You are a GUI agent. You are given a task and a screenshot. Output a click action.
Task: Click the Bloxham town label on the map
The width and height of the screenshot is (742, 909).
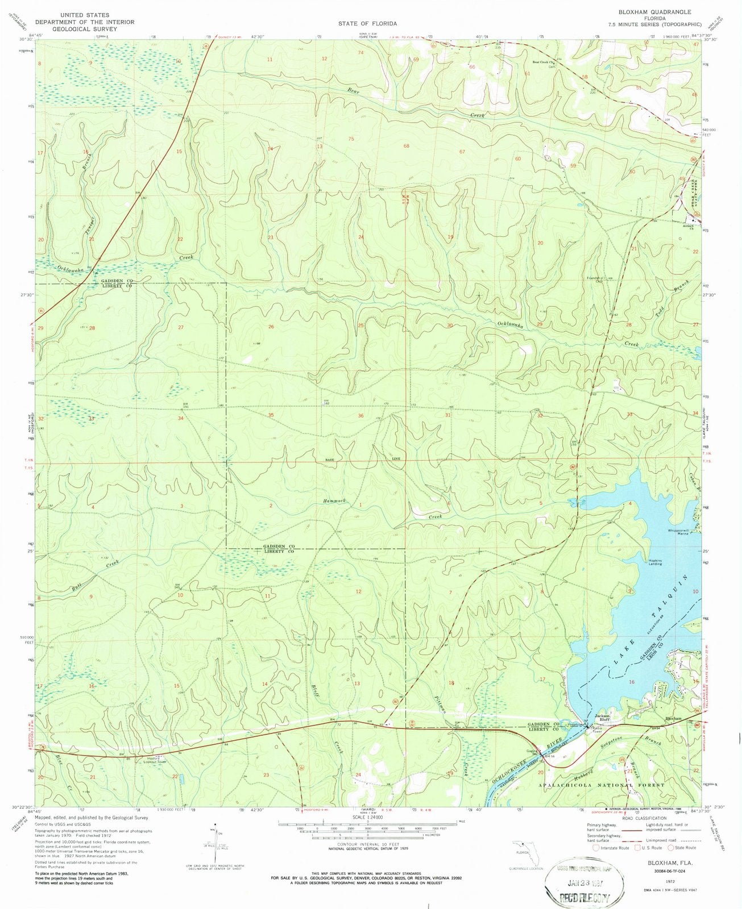[x=673, y=718]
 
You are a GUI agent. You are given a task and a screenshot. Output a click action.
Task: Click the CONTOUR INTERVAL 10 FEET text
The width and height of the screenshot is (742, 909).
[x=368, y=845]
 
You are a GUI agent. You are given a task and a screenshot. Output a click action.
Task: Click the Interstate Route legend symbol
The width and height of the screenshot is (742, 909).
[x=596, y=848]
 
